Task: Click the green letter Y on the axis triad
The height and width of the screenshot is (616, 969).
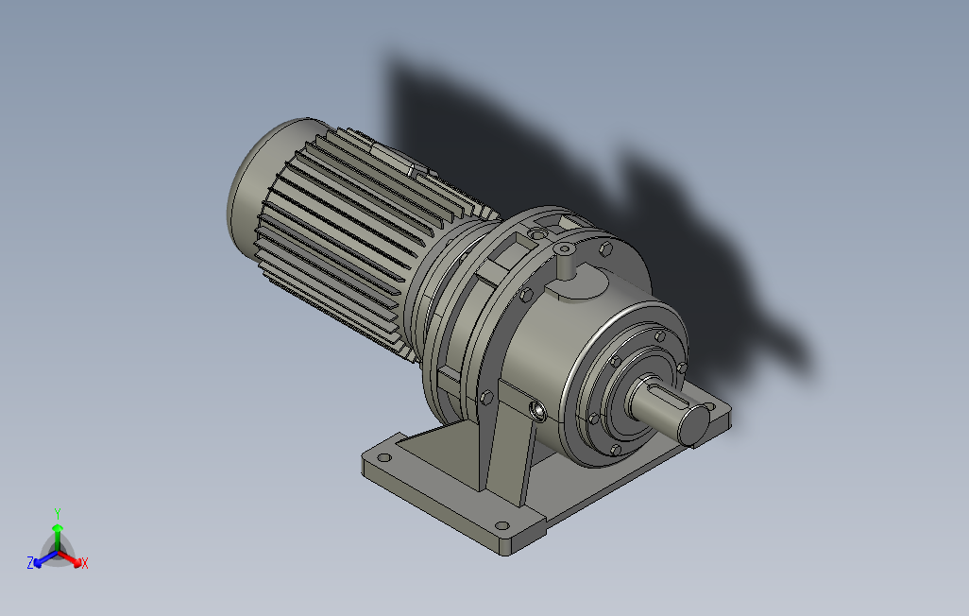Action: click(58, 513)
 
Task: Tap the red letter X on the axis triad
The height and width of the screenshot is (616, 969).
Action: click(85, 563)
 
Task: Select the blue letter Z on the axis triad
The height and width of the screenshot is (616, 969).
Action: click(30, 562)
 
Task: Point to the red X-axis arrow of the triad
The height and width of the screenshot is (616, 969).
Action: click(69, 557)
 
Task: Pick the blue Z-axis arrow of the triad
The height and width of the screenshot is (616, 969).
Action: click(45, 558)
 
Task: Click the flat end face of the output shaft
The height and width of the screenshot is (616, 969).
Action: click(694, 425)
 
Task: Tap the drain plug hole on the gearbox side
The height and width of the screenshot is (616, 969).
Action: click(537, 411)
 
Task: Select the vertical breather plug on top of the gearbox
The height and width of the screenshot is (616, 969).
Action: click(564, 261)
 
